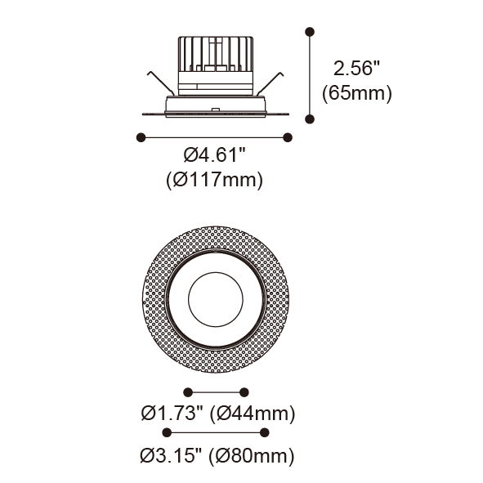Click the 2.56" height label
coord(356,68)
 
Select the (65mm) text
coord(357,92)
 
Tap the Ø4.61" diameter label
coord(214,154)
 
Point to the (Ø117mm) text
coord(214,179)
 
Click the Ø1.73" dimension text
coord(172,413)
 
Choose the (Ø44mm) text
coord(253,413)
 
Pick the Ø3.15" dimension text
coord(172,455)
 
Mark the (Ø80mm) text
coord(252,455)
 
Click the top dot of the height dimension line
coord(310,32)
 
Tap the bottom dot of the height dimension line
coord(310,119)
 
